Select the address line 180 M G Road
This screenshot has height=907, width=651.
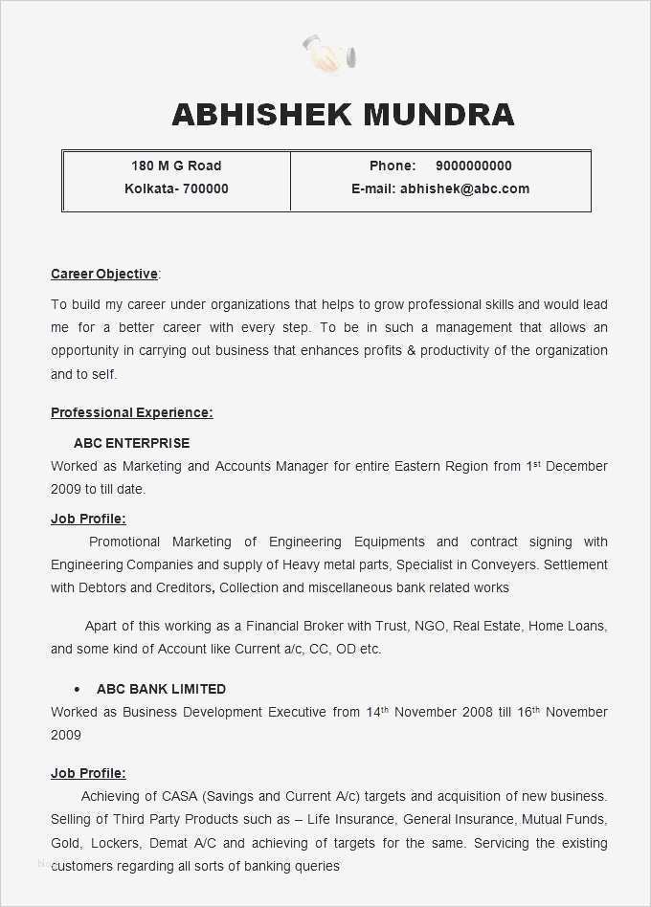pyautogui.click(x=176, y=166)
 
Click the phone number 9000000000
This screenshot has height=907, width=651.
pyautogui.click(x=473, y=166)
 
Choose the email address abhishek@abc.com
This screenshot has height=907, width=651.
pyautogui.click(x=464, y=188)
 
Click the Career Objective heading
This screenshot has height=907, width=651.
pyautogui.click(x=104, y=274)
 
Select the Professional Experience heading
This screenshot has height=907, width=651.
pyautogui.click(x=131, y=412)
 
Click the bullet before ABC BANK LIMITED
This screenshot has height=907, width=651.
pyautogui.click(x=76, y=689)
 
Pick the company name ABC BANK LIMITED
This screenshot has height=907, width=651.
pyautogui.click(x=161, y=689)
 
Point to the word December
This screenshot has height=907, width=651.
pyautogui.click(x=576, y=466)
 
